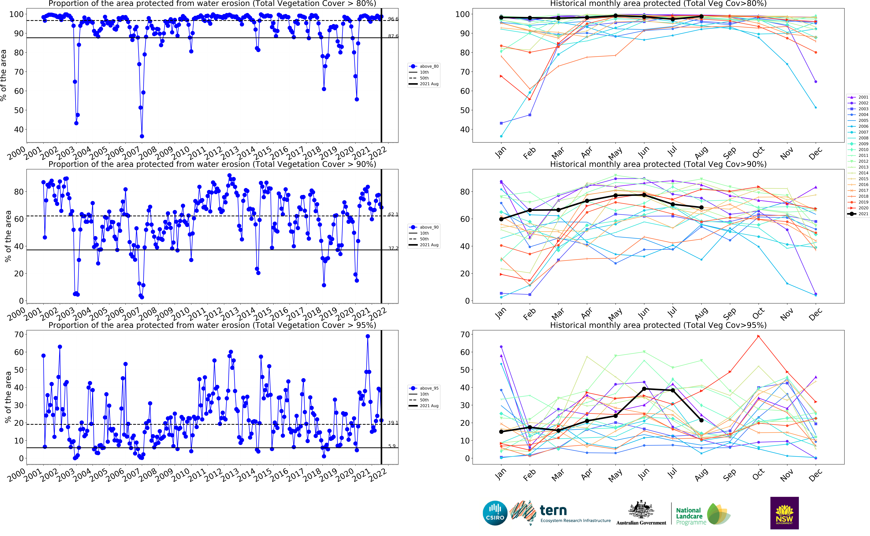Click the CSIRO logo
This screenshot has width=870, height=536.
(x=495, y=513)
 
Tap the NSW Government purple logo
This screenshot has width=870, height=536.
(x=784, y=513)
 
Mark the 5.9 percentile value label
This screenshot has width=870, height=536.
(x=392, y=446)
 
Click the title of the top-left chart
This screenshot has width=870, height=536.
(x=212, y=4)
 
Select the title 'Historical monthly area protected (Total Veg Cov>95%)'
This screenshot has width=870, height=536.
(x=658, y=325)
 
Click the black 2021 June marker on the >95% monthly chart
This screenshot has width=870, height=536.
(x=644, y=389)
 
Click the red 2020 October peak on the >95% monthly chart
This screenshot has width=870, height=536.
(x=758, y=336)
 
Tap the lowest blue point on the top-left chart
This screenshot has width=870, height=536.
(x=142, y=136)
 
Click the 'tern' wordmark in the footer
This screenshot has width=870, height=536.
(x=553, y=511)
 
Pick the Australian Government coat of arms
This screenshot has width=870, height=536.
(x=641, y=510)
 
